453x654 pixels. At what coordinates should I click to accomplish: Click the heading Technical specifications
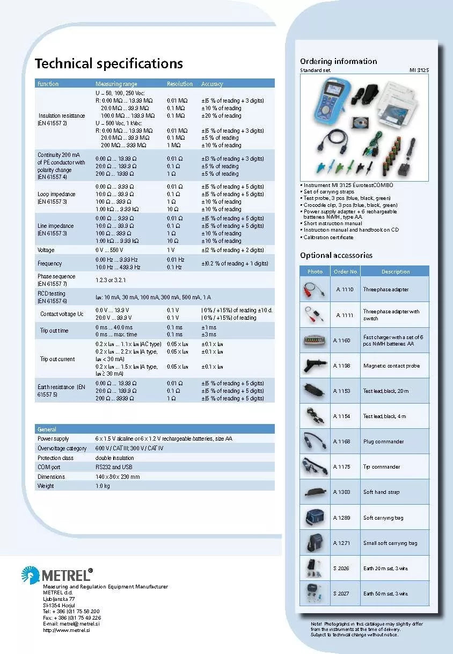[109, 63]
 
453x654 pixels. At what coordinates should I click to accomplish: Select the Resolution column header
[179, 84]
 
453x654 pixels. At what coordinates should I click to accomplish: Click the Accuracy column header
[212, 84]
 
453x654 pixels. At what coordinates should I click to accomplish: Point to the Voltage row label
[46, 250]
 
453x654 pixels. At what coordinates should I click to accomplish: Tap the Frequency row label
[49, 263]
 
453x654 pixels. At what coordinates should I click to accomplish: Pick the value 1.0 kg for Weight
[103, 486]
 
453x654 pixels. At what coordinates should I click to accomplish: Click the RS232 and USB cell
[114, 467]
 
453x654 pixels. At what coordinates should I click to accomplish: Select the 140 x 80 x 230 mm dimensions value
[118, 477]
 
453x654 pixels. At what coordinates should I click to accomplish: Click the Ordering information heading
[338, 61]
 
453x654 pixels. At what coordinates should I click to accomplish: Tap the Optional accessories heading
[336, 255]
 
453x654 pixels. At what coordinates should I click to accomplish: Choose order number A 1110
[345, 290]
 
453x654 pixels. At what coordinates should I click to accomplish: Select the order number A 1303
[341, 492]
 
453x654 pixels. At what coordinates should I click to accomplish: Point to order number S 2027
[341, 593]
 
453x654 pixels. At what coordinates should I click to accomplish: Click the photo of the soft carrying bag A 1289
[314, 517]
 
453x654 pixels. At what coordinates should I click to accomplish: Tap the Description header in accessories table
[396, 271]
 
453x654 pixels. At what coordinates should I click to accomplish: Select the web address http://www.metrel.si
[67, 630]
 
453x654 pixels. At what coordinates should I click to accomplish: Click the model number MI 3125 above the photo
[419, 70]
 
